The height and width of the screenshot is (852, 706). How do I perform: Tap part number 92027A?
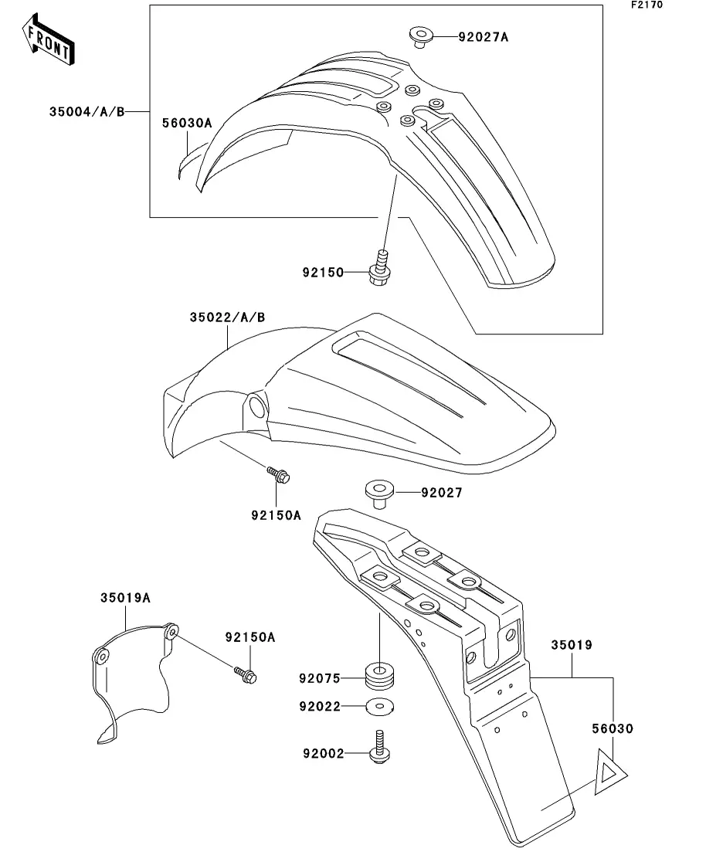[484, 36]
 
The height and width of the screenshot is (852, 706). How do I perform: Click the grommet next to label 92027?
[378, 493]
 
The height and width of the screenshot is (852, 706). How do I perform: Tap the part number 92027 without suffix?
[441, 492]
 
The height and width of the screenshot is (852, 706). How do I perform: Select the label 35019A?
[125, 597]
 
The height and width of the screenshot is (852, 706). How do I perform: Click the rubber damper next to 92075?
[378, 674]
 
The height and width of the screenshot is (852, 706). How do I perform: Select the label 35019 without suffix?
[572, 645]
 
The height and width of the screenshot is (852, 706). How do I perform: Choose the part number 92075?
[321, 679]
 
